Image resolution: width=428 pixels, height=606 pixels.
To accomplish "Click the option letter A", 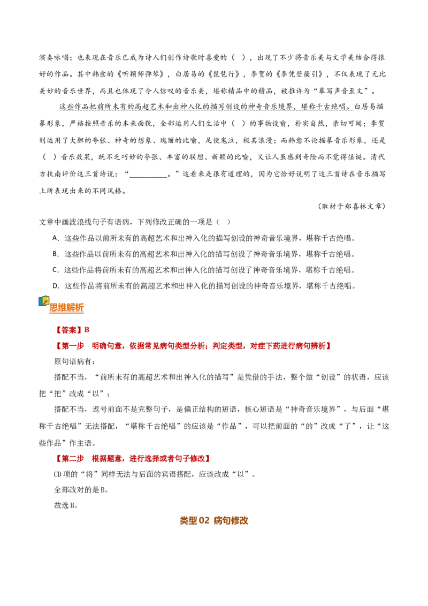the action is (x=55, y=238).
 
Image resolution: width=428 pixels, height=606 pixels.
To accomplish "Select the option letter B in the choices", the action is (x=55, y=254).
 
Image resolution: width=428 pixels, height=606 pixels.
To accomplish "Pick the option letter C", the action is (x=55, y=270).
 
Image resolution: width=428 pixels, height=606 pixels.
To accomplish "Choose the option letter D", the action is (x=56, y=286).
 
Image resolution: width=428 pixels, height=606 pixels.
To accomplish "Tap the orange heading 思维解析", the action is (x=66, y=308).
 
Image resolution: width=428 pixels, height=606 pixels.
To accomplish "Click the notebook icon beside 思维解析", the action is (x=44, y=301).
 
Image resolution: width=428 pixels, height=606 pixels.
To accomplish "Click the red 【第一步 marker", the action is (x=69, y=346).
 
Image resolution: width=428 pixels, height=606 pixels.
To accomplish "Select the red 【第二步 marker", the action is (x=69, y=459).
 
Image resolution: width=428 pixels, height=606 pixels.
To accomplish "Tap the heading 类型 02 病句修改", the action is (x=214, y=520).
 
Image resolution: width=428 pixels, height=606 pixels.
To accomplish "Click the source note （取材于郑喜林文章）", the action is (x=351, y=206).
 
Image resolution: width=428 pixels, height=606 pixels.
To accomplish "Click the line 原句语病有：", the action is (x=74, y=362).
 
